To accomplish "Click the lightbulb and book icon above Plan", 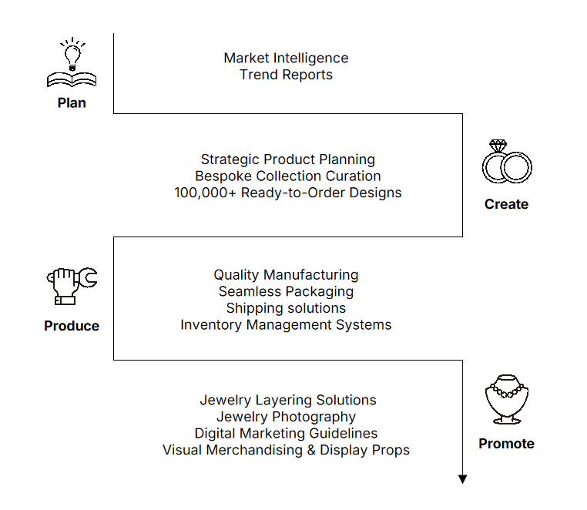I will pos(72,63).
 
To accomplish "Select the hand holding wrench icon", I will pos(72,285).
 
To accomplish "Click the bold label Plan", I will pos(72,102).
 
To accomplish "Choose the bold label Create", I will pos(506,204).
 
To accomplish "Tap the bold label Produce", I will pos(72,326).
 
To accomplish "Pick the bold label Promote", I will pos(506,443).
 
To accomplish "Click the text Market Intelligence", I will pos(286,58).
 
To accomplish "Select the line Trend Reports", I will pos(286,75).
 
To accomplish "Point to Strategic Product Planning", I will pos(288,159).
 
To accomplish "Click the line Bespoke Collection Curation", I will pos(288,176).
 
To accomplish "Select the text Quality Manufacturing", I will pos(286,275).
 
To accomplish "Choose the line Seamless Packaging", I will pos(286,291).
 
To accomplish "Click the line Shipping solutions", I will pos(286,308).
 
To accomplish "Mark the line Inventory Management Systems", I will pos(286,325).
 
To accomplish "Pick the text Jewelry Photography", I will pos(286,417).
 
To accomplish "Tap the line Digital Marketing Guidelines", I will pos(286,434).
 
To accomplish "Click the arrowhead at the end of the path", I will pos(462,479).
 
